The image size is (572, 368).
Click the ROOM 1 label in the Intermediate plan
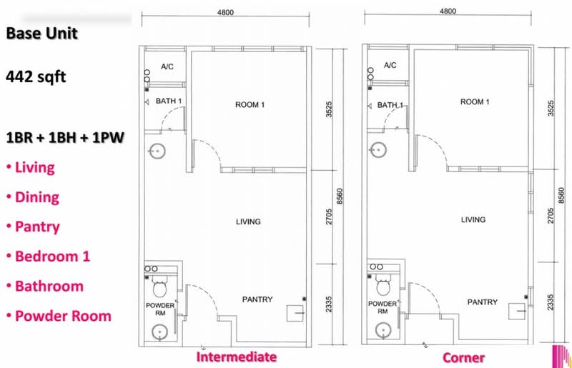[250, 105]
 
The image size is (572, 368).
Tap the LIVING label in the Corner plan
[473, 219]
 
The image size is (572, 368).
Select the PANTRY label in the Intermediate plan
[257, 299]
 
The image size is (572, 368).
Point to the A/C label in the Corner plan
[390, 65]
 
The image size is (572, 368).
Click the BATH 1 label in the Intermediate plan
[169, 101]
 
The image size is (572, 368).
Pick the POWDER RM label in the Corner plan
[383, 307]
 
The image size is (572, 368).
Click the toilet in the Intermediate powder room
[159, 287]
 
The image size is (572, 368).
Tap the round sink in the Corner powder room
[383, 331]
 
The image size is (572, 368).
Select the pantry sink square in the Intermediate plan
[295, 313]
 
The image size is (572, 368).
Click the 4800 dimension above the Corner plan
[448, 11]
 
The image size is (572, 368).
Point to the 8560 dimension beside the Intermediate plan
[340, 197]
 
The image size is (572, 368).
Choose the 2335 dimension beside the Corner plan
[550, 302]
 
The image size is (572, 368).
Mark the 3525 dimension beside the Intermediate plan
[329, 109]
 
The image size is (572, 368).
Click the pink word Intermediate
[237, 357]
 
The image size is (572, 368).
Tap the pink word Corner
[463, 358]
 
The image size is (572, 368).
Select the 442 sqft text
[36, 77]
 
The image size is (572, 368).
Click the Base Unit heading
[42, 33]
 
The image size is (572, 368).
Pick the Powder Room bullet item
[59, 316]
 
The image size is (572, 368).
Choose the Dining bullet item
[33, 197]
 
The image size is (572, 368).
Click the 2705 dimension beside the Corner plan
[550, 216]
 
